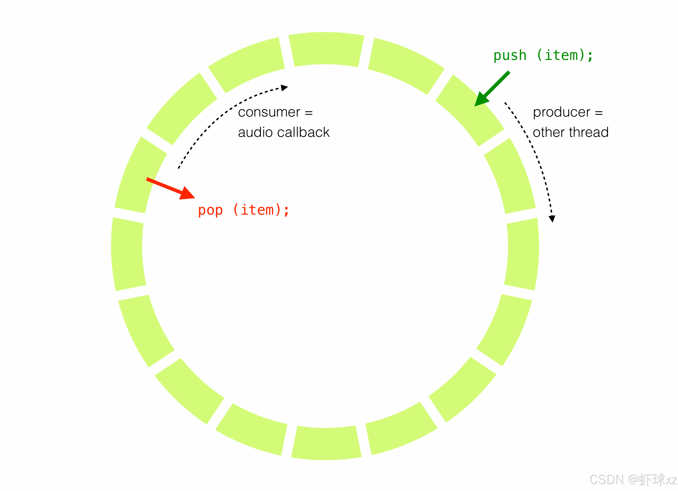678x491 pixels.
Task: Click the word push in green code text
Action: tap(510, 56)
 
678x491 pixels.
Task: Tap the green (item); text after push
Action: tap(565, 56)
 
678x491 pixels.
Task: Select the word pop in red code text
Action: tap(210, 210)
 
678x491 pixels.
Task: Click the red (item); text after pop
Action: tap(261, 210)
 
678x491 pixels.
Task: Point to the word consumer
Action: tap(269, 113)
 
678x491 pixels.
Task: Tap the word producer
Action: tap(561, 113)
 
